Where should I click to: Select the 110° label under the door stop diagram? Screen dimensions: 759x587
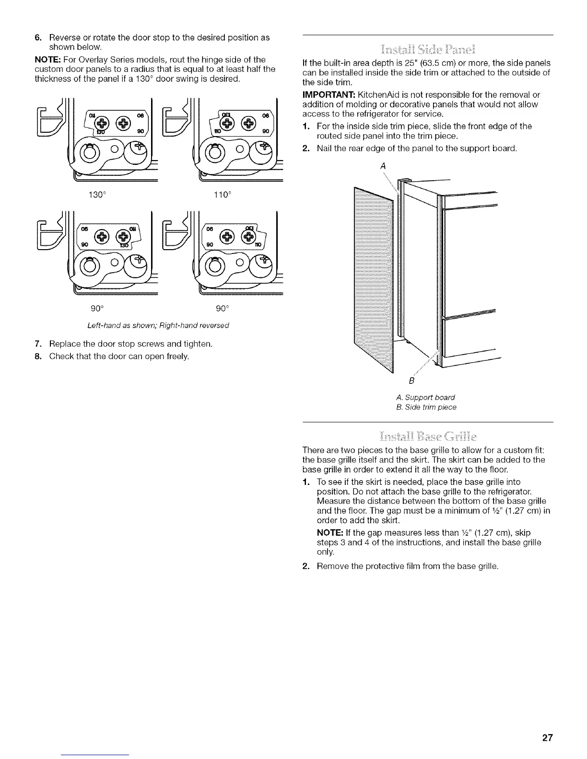[x=223, y=195]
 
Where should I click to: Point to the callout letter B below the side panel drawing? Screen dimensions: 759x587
[x=411, y=381]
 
